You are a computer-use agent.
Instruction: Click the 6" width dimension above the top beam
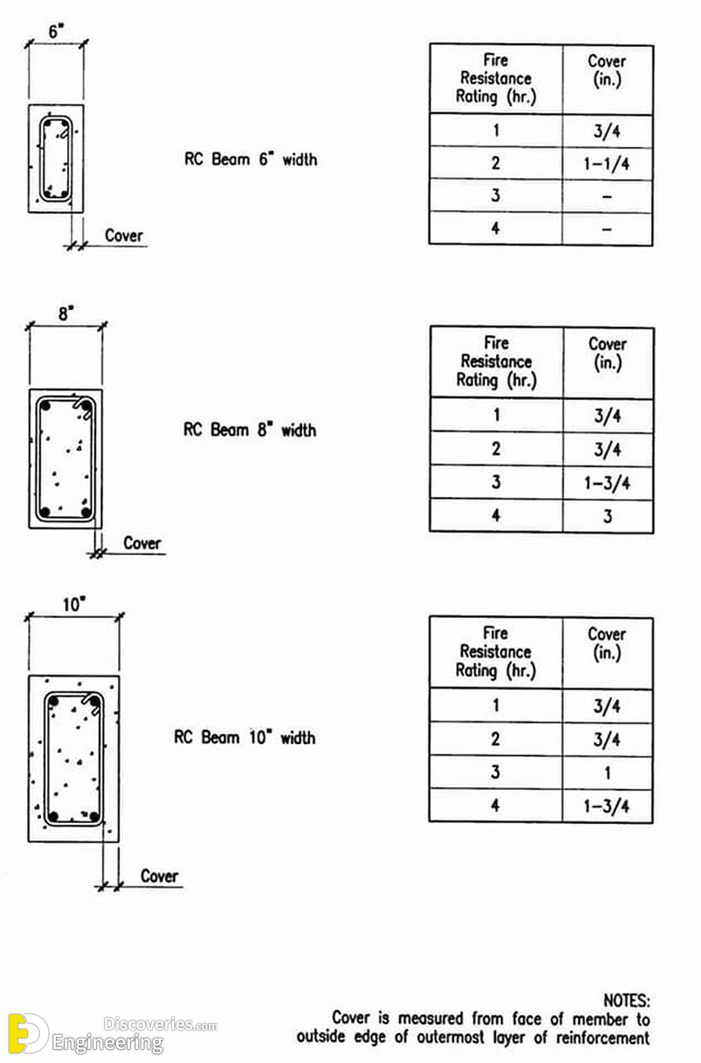coord(56,32)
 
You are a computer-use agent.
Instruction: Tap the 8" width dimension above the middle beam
coord(66,314)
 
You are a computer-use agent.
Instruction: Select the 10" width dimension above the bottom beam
coord(74,605)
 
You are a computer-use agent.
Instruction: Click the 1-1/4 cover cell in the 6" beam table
coord(607,164)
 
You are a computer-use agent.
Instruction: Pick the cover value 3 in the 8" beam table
coord(607,516)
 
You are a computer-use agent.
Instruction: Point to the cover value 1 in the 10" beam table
coord(607,773)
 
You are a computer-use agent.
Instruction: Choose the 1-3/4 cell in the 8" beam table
coord(607,483)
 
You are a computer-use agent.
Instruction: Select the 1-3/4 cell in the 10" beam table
coord(607,806)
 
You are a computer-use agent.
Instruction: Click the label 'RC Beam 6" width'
coord(250,159)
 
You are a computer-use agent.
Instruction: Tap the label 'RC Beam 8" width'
coord(249,430)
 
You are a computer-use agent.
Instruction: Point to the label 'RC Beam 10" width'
coord(245,737)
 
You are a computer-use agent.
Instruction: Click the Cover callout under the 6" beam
coord(124,235)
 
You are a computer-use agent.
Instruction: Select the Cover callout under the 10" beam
coord(159,876)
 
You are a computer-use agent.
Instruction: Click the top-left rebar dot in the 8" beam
coord(45,406)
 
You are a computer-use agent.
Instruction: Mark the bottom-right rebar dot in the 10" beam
coord(94,817)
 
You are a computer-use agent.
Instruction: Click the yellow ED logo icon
coord(27,1033)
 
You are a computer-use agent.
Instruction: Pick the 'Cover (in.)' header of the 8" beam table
coord(607,354)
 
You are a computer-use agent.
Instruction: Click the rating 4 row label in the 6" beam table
coord(495,228)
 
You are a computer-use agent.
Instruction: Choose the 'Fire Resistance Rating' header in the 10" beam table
coord(496,651)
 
